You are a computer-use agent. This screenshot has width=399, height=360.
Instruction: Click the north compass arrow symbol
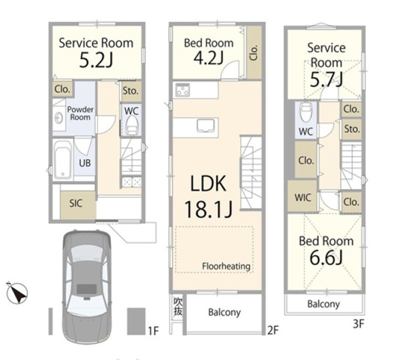click(17, 293)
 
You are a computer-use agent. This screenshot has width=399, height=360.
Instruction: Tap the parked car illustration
click(87, 286)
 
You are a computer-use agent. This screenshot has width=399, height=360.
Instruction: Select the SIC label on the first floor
click(76, 203)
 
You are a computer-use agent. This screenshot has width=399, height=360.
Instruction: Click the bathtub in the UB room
click(63, 159)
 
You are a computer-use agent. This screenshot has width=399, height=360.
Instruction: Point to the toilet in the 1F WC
click(132, 124)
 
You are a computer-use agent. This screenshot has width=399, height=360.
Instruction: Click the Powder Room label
click(80, 113)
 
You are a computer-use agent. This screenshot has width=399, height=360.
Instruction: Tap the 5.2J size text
click(96, 60)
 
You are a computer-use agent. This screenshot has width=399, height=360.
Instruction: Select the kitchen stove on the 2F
click(183, 90)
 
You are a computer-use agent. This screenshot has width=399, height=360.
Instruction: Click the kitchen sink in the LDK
click(207, 125)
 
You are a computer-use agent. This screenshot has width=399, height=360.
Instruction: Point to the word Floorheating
click(226, 267)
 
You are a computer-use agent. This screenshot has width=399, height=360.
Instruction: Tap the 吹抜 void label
click(177, 306)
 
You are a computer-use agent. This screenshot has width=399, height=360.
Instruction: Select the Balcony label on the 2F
click(225, 312)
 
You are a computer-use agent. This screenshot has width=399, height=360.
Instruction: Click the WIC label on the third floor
click(303, 198)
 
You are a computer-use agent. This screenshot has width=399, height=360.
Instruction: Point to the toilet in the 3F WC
click(306, 112)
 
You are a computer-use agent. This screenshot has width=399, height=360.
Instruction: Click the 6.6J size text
click(326, 257)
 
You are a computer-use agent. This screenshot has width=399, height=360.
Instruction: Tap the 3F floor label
click(358, 324)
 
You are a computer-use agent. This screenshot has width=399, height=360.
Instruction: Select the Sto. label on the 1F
click(130, 91)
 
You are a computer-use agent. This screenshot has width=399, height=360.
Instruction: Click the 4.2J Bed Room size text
click(208, 57)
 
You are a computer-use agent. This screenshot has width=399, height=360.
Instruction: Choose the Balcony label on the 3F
click(323, 304)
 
